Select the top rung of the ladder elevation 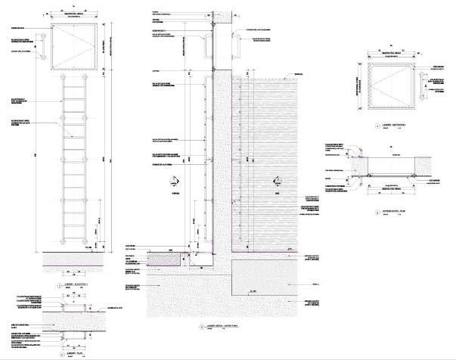point(73,85)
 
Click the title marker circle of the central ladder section point(194,327)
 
